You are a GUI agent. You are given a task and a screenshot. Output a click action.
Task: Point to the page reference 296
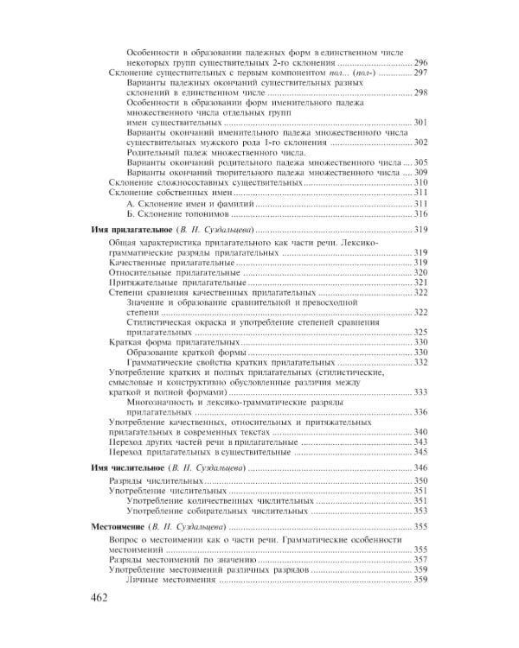[x=421, y=64]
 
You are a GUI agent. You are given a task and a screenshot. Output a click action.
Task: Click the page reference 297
[x=421, y=75]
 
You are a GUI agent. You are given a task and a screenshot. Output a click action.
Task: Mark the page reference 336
[x=421, y=412]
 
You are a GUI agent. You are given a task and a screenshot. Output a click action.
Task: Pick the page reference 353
[x=421, y=511]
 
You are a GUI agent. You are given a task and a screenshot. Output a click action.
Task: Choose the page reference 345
[x=421, y=452]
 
